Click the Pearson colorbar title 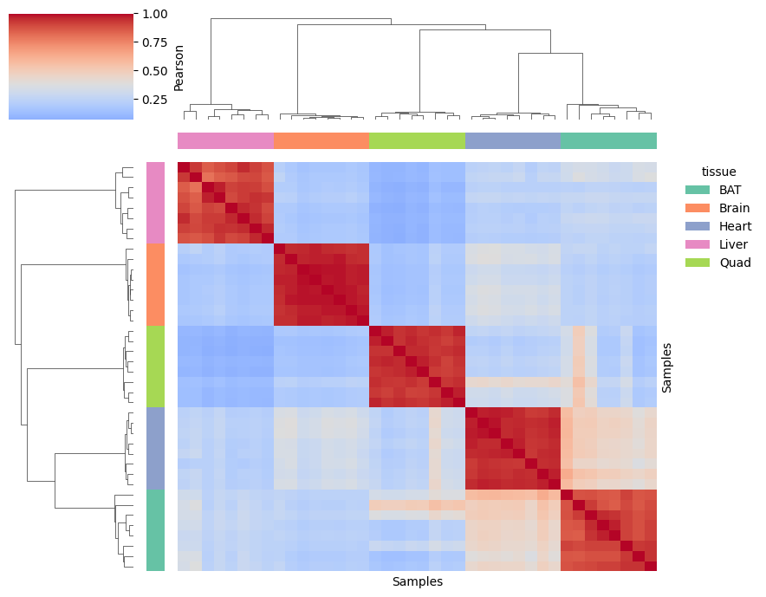[179, 68]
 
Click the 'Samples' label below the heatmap [417, 581]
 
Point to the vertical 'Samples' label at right [666, 367]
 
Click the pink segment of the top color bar [225, 140]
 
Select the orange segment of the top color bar [321, 140]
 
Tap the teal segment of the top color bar [608, 140]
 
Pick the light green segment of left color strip [155, 367]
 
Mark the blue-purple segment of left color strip [155, 448]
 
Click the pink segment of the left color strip [155, 203]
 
